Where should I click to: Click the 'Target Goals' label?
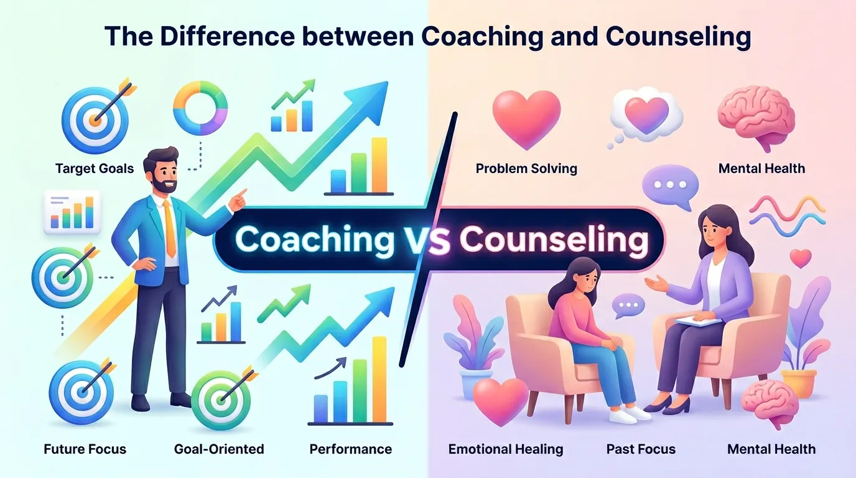pyautogui.click(x=95, y=169)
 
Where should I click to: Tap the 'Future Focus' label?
pyautogui.click(x=85, y=449)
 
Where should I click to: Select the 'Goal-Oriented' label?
pyautogui.click(x=219, y=449)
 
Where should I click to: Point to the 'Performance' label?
pyautogui.click(x=351, y=449)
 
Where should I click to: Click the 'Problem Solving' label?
pyautogui.click(x=526, y=169)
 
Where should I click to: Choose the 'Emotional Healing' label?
pyautogui.click(x=506, y=449)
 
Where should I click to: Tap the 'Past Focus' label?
pyautogui.click(x=641, y=449)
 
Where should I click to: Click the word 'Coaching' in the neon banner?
pyautogui.click(x=315, y=240)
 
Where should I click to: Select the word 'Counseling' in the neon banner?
pyautogui.click(x=553, y=240)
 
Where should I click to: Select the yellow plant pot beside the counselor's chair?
pyautogui.click(x=798, y=383)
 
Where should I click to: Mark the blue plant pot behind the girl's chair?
pyautogui.click(x=476, y=383)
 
